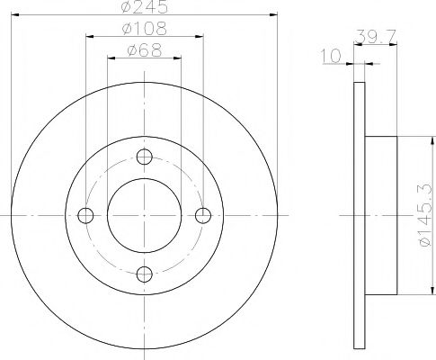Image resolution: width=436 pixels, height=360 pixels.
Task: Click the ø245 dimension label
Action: pos(145,6)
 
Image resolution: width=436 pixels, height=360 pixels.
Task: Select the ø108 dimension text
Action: pos(145,29)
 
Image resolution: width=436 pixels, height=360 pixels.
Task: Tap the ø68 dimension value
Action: pos(145,50)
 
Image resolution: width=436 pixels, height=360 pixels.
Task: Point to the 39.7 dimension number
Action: pos(376,37)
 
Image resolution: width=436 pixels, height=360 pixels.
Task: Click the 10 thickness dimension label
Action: pos(331,56)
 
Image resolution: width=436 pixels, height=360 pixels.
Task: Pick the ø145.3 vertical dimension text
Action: pos(426,215)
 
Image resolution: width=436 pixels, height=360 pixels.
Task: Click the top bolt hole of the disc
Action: pos(145,157)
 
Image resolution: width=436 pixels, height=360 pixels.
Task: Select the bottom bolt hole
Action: pos(145,274)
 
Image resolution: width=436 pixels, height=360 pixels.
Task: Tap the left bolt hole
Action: pos(85,215)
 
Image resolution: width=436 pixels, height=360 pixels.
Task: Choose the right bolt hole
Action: pos(203,215)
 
